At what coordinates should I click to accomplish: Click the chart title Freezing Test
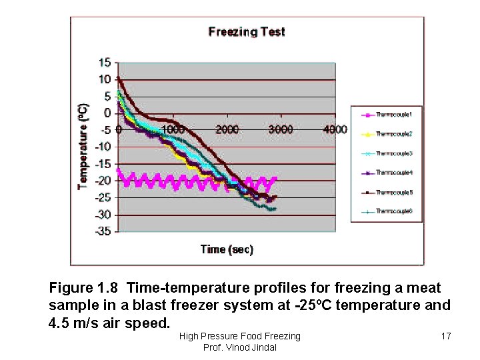[247, 31]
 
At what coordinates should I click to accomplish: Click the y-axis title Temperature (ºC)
[83, 146]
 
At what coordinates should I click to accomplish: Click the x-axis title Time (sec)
[227, 249]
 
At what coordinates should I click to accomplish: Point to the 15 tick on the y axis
[105, 63]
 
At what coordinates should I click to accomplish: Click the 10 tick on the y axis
[105, 79]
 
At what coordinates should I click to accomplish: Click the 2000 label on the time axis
[227, 129]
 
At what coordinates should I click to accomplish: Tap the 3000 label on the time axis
[281, 129]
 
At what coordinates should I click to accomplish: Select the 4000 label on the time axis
[335, 129]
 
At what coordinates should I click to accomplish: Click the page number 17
[446, 336]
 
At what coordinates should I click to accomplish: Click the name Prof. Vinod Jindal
[239, 348]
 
